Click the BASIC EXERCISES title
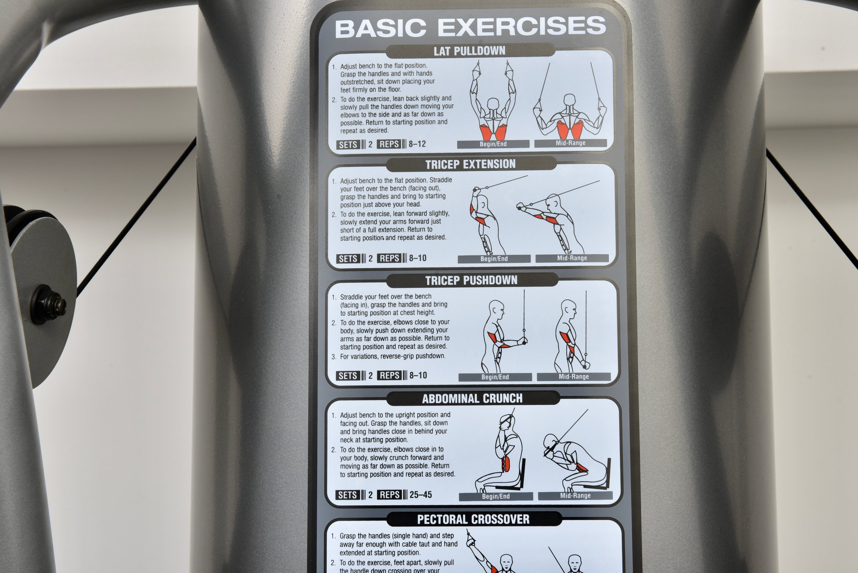tap(470, 27)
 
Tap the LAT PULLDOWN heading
tap(469, 51)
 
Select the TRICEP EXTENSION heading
tap(470, 164)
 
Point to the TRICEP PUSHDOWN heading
tap(471, 281)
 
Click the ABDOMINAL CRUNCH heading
tap(472, 399)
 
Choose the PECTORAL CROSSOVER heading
tap(473, 519)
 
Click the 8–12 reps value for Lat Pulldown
tap(417, 144)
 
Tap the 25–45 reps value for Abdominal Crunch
tap(420, 494)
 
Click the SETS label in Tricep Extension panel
tap(347, 258)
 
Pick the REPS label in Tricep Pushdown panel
tap(389, 376)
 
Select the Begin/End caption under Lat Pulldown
tap(493, 144)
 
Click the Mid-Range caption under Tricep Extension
tap(572, 258)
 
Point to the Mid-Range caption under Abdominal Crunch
tap(575, 496)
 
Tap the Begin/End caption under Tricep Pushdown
tap(495, 377)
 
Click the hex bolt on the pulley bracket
tap(49, 304)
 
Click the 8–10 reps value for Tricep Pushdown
tap(418, 376)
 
